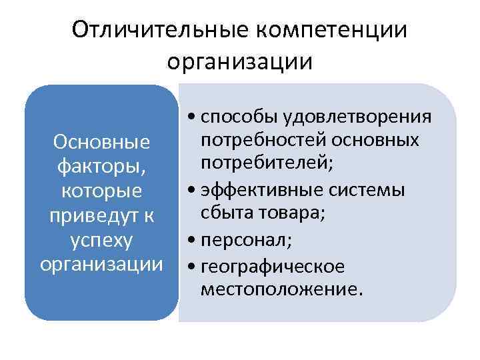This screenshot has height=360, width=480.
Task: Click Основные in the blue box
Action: click(x=101, y=142)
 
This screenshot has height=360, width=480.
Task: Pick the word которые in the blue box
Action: click(x=101, y=191)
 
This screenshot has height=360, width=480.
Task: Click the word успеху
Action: click(x=101, y=240)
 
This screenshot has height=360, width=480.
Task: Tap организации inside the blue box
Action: click(x=101, y=265)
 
